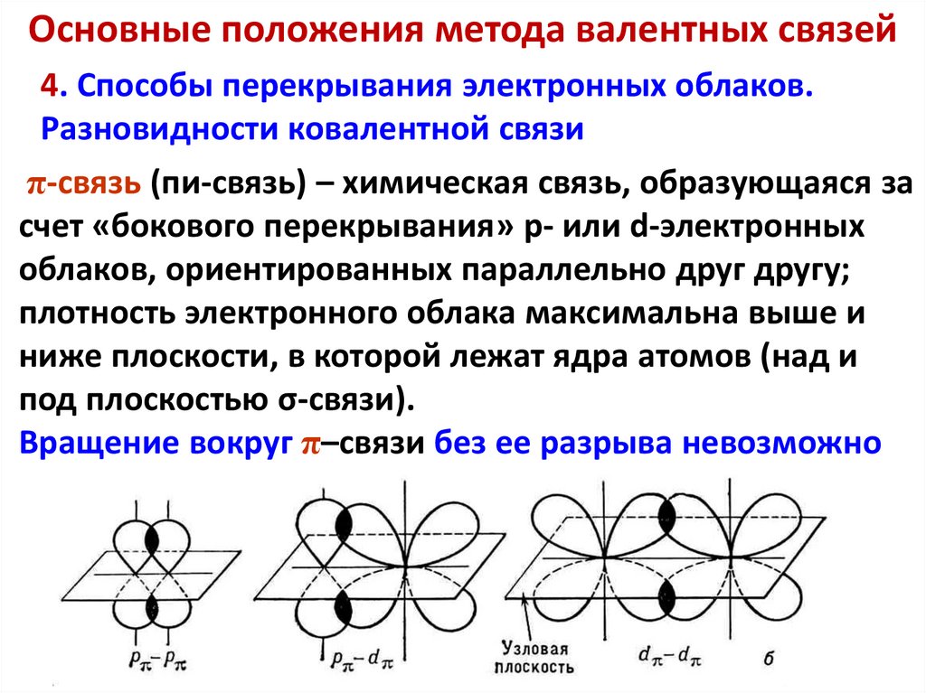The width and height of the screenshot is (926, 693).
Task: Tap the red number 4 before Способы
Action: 51,88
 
